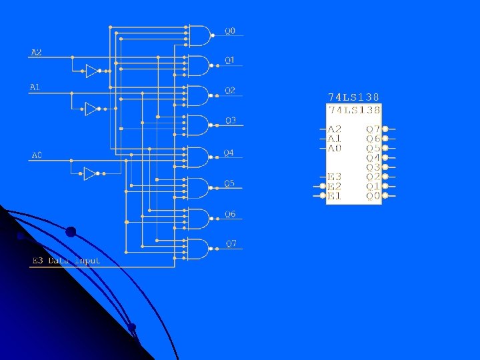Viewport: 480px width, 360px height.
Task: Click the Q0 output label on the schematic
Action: click(x=229, y=31)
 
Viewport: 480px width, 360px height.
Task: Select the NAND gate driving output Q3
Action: click(x=199, y=125)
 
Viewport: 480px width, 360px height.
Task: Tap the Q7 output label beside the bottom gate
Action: click(x=230, y=243)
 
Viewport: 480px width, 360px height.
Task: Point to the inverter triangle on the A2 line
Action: click(x=92, y=71)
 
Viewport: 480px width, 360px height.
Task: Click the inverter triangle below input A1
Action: click(x=92, y=109)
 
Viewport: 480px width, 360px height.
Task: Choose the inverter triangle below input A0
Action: click(x=90, y=173)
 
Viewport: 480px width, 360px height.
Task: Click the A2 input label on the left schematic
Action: click(x=36, y=52)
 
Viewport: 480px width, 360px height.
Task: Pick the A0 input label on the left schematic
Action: click(x=37, y=155)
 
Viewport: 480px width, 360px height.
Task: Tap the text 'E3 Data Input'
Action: click(x=66, y=261)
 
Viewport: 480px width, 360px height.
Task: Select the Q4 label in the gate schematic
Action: click(x=229, y=153)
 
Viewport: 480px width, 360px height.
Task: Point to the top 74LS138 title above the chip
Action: click(x=353, y=97)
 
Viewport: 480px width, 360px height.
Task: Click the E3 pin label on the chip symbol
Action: click(x=334, y=177)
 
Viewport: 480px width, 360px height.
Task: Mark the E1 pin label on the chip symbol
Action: click(x=334, y=196)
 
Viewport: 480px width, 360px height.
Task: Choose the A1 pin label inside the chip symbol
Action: click(x=334, y=139)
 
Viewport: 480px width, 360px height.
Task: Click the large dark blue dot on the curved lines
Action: click(x=71, y=232)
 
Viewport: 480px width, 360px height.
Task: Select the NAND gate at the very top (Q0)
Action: click(x=199, y=35)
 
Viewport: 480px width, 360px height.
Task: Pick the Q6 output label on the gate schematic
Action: click(x=229, y=214)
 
